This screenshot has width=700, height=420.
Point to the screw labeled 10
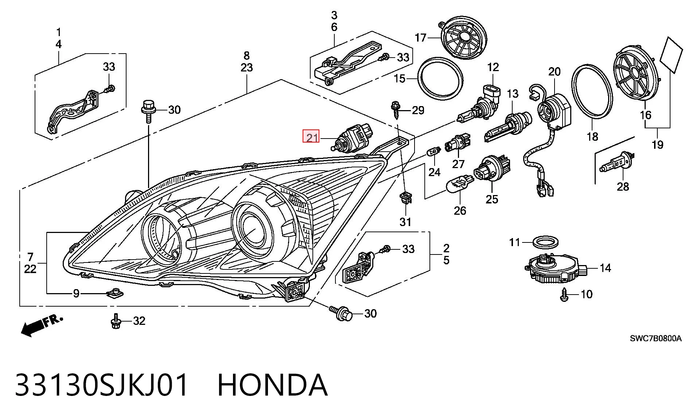click(564, 294)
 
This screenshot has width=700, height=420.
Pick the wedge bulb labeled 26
click(460, 183)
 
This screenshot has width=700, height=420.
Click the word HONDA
click(272, 385)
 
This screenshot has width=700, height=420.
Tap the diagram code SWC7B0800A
click(656, 338)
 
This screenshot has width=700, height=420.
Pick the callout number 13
click(513, 94)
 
